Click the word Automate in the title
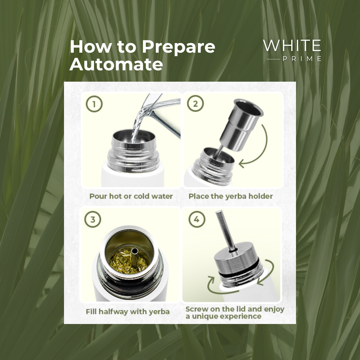pos(116,65)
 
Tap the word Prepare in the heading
pos(178,47)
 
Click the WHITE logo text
pos(292,45)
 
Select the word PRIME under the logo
pos(302,59)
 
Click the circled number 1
pos(94,104)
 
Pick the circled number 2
pos(195,104)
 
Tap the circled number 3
pos(93,219)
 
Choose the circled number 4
pos(197,219)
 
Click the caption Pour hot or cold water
pos(131,196)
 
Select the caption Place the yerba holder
pos(231,196)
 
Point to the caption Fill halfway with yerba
pos(128,312)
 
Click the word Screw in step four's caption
pos(196,309)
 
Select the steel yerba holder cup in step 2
pos(241,124)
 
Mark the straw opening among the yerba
pos(135,251)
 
